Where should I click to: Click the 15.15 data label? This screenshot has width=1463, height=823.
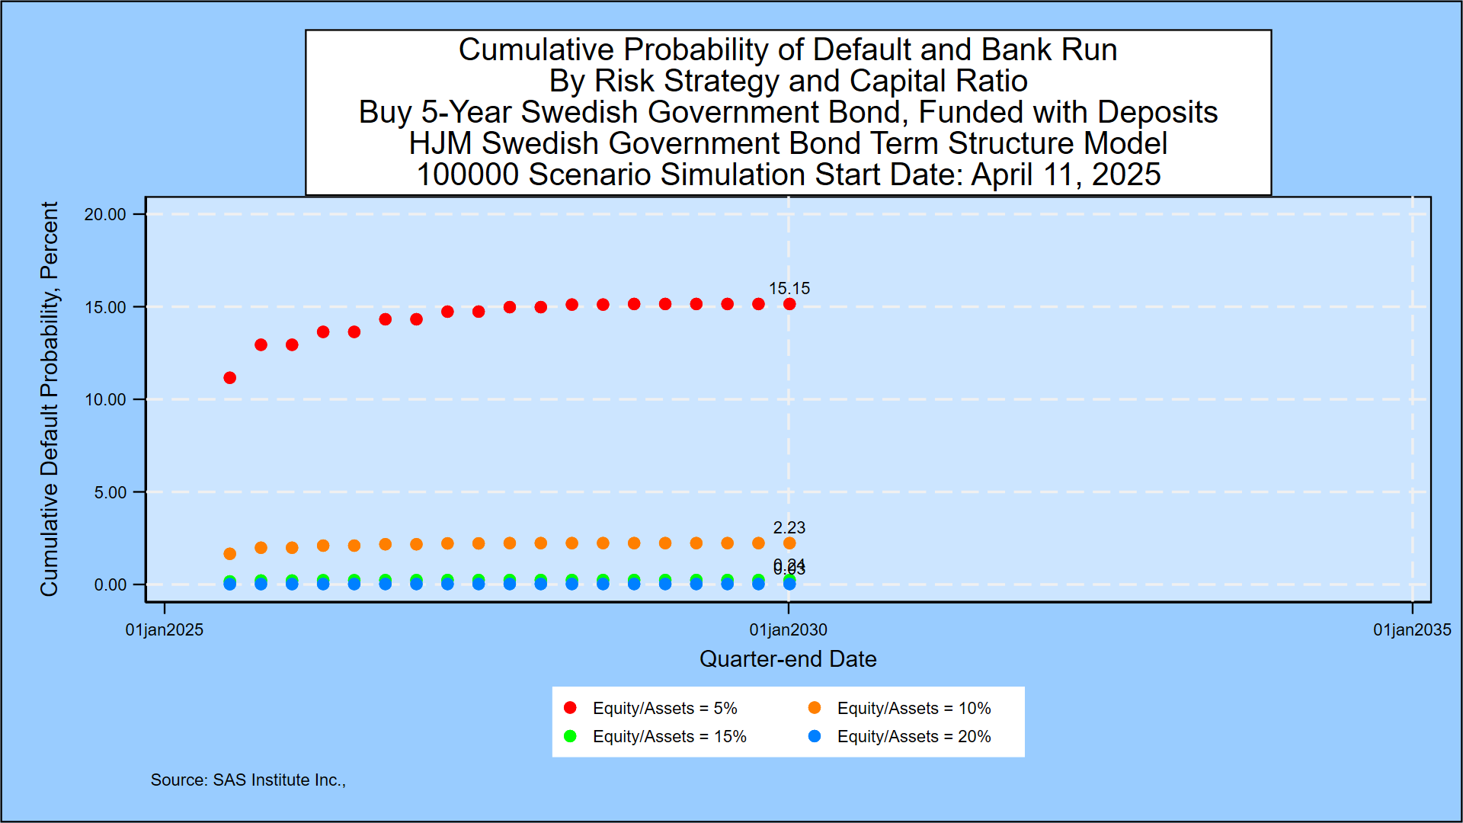pos(789,289)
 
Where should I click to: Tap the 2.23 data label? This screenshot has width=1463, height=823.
pos(789,527)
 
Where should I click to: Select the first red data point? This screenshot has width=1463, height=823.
pos(229,378)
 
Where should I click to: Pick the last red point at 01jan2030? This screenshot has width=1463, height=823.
pos(789,304)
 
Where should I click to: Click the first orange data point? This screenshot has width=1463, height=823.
pos(229,554)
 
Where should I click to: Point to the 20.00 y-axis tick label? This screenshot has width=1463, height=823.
pos(105,215)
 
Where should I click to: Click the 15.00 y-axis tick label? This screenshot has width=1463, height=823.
pos(105,308)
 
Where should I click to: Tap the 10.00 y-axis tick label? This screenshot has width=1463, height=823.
pos(105,400)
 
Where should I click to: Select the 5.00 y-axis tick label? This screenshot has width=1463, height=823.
pos(110,493)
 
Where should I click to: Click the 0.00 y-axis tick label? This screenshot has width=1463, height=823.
pos(110,585)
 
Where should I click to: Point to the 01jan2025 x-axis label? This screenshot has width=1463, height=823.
pos(165,630)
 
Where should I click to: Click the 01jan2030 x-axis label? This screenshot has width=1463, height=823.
pos(788,630)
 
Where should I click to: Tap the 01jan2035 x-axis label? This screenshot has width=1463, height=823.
pos(1412,630)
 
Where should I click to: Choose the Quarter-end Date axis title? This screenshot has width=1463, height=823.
pos(788,659)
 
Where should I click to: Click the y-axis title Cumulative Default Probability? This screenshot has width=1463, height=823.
pos(50,399)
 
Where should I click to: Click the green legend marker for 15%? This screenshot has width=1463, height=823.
pos(570,736)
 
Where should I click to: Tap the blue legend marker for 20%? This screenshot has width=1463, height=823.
pos(815,736)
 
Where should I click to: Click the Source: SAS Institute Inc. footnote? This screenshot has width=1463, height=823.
pos(248,780)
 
